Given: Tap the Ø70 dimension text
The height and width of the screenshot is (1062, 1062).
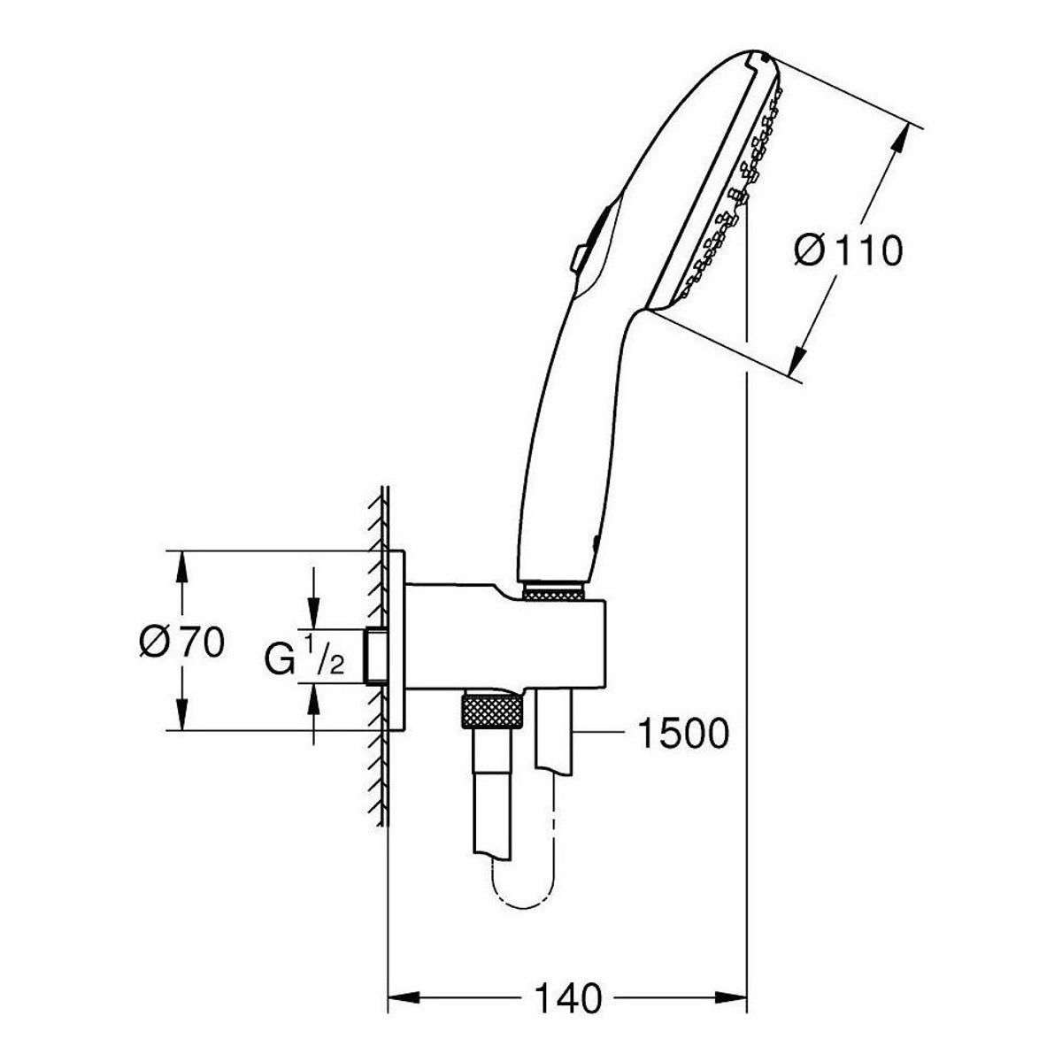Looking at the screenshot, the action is pyautogui.click(x=182, y=643).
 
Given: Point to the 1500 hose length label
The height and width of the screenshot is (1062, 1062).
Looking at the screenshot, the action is pyautogui.click(x=683, y=734).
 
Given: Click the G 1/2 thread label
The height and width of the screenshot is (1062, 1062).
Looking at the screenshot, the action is pyautogui.click(x=304, y=655).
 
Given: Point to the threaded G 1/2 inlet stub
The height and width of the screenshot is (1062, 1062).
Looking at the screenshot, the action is pyautogui.click(x=377, y=656).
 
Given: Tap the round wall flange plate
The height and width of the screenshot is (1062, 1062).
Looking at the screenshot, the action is pyautogui.click(x=396, y=641).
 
